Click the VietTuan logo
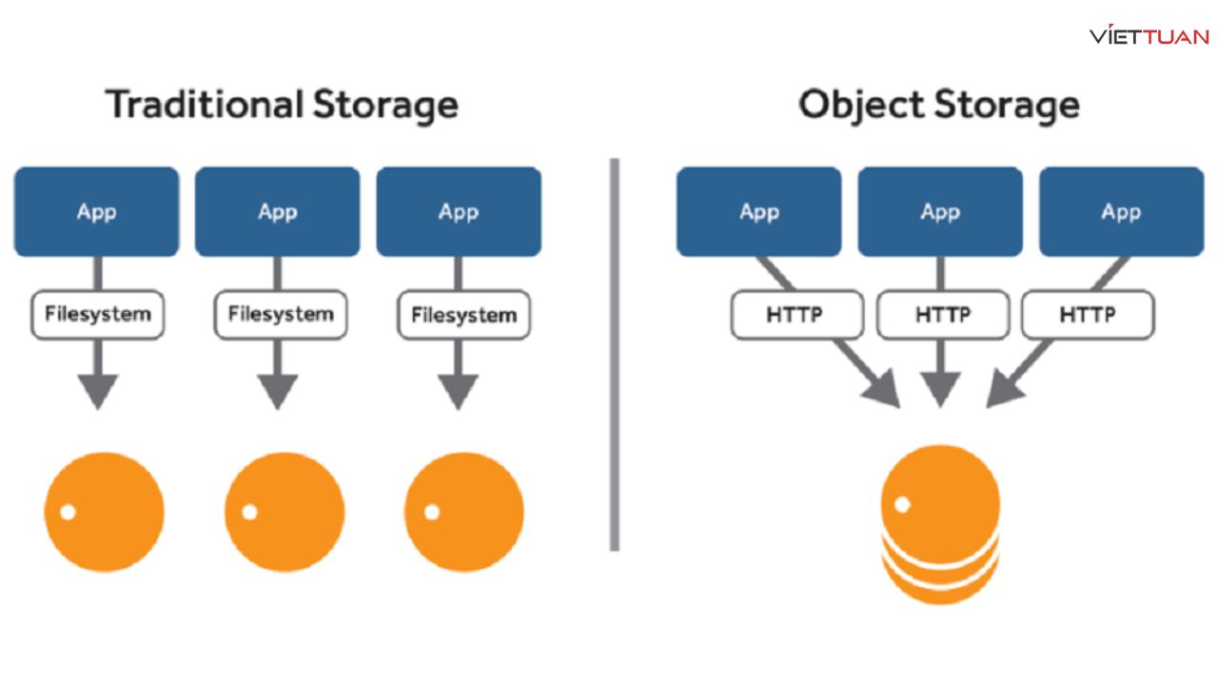coord(1149,37)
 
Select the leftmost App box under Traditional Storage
coord(96,211)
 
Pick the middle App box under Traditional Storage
coord(277,211)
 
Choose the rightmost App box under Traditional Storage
coord(459,211)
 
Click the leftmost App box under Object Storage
coord(758,211)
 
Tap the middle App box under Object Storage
coord(940,211)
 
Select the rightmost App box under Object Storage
coord(1121,211)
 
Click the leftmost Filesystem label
coord(97,315)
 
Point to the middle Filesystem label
coord(281,315)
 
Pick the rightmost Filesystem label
coord(463,316)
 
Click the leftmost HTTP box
coord(796,315)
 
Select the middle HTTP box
coord(942,315)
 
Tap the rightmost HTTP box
coord(1088,315)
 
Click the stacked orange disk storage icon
coord(940,524)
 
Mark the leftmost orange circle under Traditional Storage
coord(104,512)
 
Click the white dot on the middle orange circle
coord(249,512)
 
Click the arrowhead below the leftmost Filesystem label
coord(97,391)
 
